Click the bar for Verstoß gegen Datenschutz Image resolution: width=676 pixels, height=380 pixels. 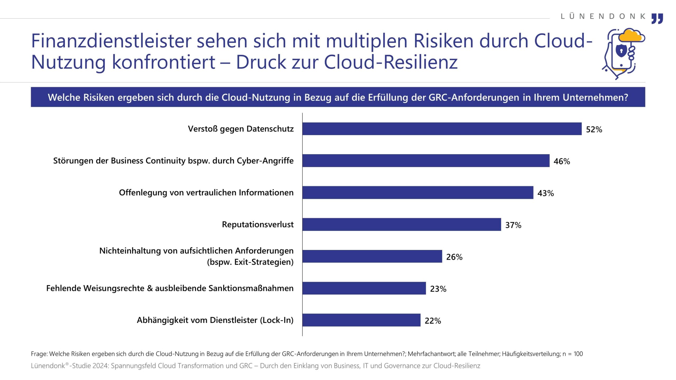click(x=442, y=129)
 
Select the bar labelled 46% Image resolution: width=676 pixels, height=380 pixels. click(x=426, y=161)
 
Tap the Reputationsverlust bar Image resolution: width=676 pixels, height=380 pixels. click(x=401, y=224)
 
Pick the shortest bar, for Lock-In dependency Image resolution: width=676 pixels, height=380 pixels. click(x=361, y=320)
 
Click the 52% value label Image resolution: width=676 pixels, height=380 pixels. click(x=594, y=129)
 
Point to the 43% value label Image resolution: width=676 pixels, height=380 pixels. click(x=546, y=193)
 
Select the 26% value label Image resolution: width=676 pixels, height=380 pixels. click(x=454, y=257)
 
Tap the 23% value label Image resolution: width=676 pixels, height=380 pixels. click(x=438, y=289)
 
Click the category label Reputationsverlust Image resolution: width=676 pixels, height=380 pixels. click(x=257, y=224)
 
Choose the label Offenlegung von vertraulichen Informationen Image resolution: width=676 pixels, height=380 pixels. click(x=206, y=193)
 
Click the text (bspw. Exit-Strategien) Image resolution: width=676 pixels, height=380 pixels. click(x=250, y=262)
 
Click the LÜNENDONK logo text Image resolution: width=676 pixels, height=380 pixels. click(x=603, y=16)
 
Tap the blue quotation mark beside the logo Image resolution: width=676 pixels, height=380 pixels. click(x=657, y=18)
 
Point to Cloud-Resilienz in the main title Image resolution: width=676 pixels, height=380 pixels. click(x=391, y=62)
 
